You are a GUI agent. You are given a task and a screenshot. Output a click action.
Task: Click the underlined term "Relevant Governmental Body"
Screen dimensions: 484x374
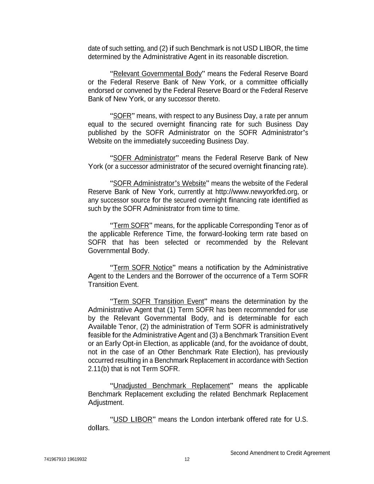point(157,74)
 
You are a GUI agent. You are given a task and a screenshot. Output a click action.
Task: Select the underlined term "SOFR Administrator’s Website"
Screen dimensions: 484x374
point(159,183)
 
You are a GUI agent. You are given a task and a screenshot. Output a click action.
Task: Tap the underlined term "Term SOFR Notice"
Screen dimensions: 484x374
point(143,267)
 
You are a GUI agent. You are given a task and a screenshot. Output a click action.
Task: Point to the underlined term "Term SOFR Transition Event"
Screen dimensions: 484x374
point(158,301)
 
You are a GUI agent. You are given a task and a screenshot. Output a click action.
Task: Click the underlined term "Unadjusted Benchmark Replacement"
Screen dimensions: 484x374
point(171,386)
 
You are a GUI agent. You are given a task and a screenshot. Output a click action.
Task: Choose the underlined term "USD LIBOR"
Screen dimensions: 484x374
point(132,420)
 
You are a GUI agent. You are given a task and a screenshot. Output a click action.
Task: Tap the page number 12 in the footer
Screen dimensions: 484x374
point(187,460)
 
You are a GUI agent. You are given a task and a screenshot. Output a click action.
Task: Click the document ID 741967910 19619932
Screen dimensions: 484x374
point(66,460)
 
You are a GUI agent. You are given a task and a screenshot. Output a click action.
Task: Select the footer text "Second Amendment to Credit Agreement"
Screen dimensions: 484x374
point(280,453)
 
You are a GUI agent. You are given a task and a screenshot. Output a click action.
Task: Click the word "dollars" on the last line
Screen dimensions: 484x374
point(98,428)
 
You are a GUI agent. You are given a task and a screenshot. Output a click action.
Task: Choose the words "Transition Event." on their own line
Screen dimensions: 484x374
point(113,284)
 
